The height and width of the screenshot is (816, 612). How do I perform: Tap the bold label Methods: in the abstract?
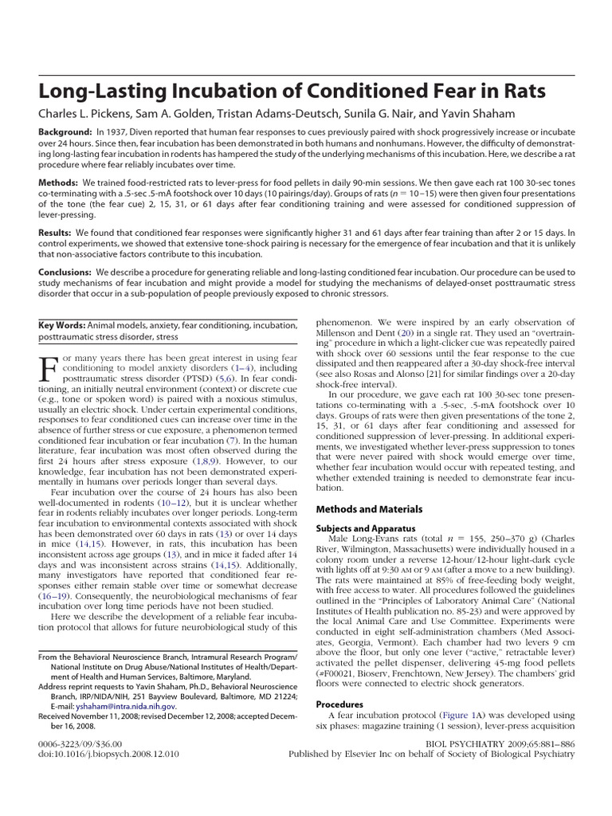60,182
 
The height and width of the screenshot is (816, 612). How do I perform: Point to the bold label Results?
57,234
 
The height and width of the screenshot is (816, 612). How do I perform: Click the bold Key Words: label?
62,325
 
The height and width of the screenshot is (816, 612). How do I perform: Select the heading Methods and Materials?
369,509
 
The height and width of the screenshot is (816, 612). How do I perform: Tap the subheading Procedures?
339,704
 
